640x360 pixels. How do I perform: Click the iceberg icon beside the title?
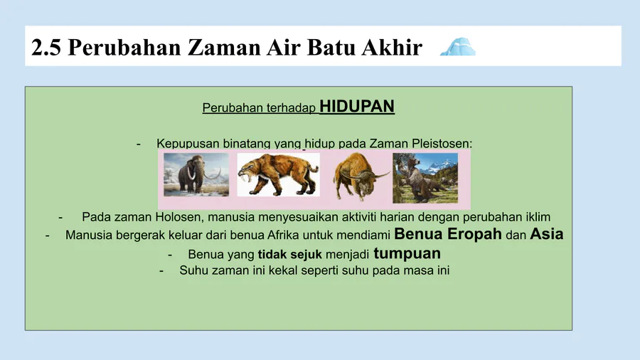458,46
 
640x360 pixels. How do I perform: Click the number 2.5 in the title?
46,47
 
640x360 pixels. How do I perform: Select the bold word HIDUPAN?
357,106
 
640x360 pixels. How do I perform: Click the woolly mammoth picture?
196,175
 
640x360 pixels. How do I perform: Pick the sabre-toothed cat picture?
278,175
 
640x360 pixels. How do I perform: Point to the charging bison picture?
360,176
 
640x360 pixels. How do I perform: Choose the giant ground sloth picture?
425,178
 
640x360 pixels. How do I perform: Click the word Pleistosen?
442,144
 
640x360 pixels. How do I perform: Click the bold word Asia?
547,234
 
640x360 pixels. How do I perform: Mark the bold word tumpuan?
407,253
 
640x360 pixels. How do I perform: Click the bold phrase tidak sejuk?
290,255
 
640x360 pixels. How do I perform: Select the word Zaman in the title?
225,47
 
